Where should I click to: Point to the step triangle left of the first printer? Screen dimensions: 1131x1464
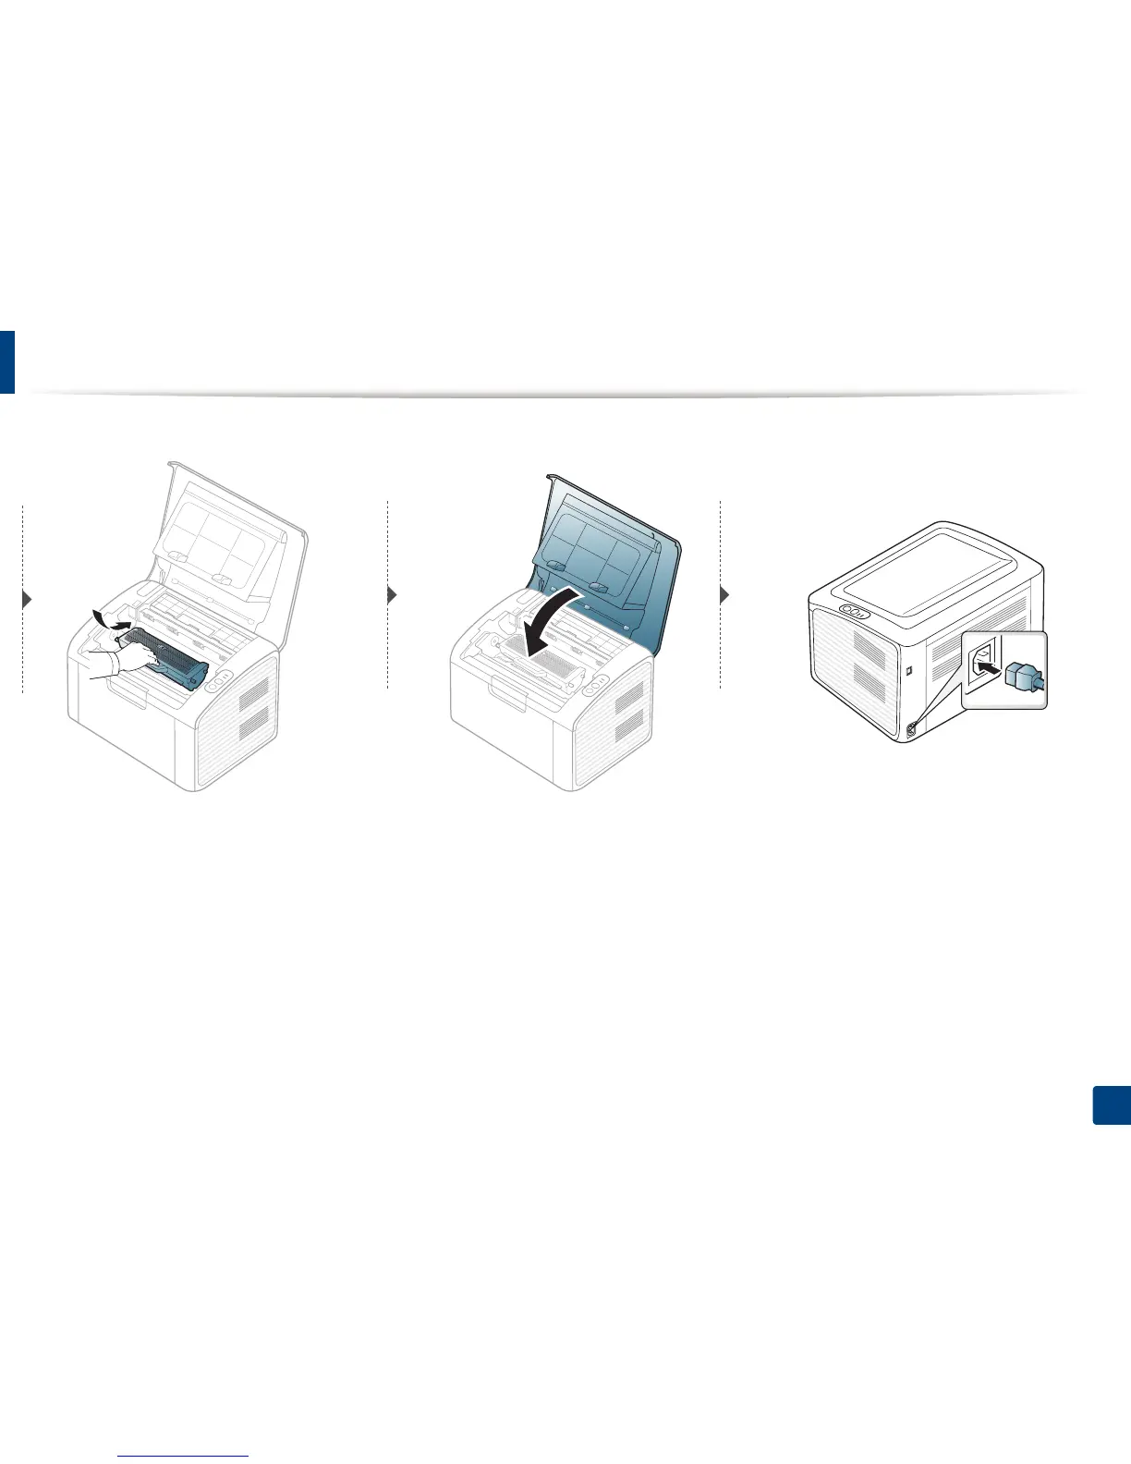click(27, 598)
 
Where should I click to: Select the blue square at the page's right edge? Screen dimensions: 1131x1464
click(1112, 1105)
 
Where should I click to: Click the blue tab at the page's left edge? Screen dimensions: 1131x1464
click(7, 361)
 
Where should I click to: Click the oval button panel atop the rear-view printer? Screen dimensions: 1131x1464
click(854, 611)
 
